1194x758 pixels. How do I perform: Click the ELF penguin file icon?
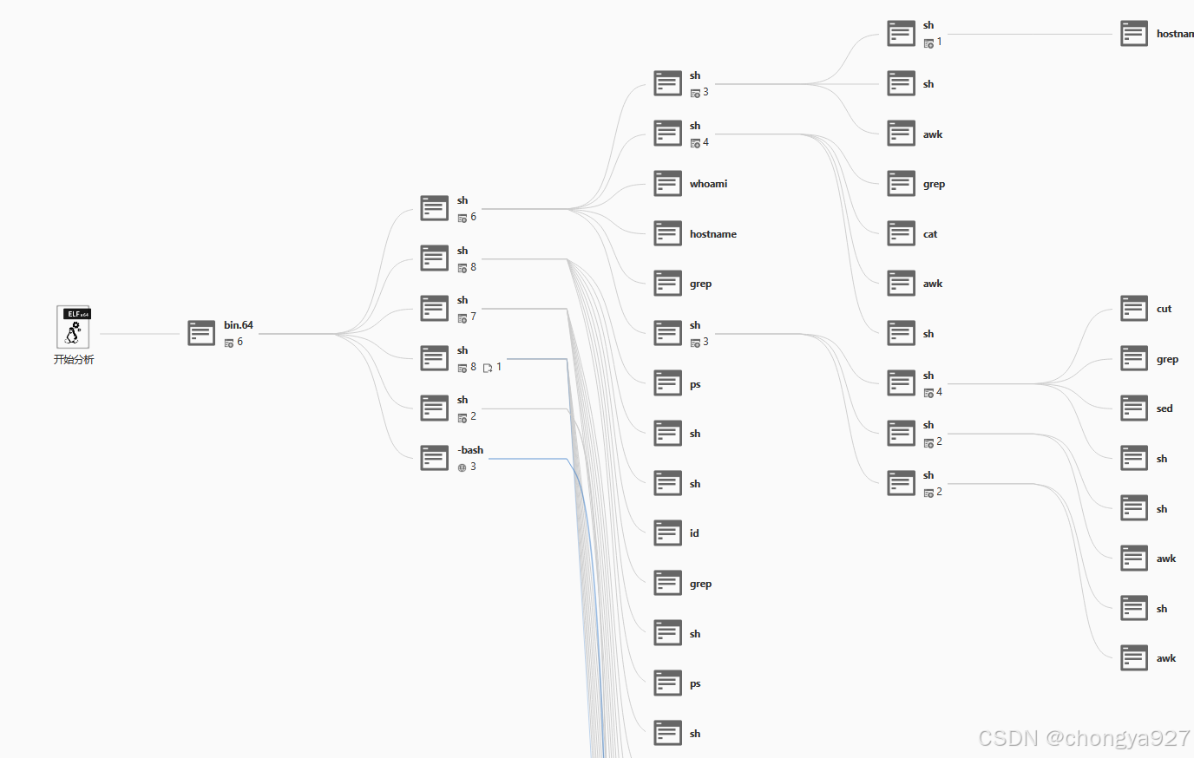click(74, 327)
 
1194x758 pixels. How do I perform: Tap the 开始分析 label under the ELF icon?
click(74, 360)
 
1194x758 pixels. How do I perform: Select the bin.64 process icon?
click(201, 333)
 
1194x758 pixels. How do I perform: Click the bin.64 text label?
click(239, 325)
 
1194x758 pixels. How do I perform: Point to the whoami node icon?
click(667, 184)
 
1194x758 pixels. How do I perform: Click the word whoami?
click(708, 184)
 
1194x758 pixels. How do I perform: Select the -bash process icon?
click(434, 458)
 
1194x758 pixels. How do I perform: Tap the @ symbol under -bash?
click(462, 467)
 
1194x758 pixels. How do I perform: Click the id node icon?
click(667, 533)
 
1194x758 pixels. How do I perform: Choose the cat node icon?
click(901, 234)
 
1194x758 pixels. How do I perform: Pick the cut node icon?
click(1134, 309)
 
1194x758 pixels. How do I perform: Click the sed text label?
click(1164, 408)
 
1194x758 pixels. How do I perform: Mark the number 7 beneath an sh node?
click(473, 317)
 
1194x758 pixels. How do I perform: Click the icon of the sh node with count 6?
click(434, 208)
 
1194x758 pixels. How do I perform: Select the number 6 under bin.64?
click(240, 342)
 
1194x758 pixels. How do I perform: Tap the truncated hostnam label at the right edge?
click(1174, 34)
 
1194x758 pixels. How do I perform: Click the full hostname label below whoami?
click(713, 234)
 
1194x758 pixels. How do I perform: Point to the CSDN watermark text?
click(1084, 738)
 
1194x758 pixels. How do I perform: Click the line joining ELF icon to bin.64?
click(139, 334)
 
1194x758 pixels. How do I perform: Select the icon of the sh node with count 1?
click(901, 34)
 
